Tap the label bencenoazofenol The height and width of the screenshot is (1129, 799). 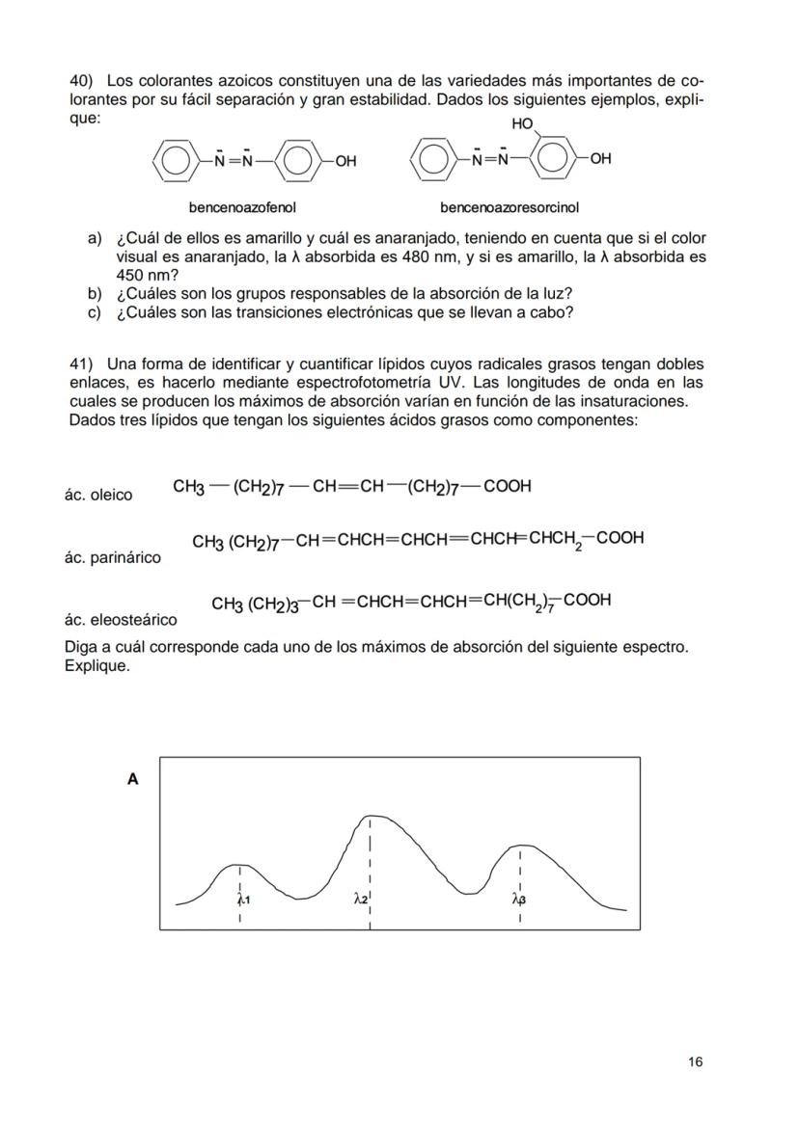[242, 207]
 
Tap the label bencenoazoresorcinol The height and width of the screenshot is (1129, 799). [510, 207]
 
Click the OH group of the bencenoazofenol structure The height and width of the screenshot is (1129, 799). [344, 161]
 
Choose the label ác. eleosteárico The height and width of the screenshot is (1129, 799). [120, 620]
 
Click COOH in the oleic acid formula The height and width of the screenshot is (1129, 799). [508, 486]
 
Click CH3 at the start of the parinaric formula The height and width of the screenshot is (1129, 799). [207, 542]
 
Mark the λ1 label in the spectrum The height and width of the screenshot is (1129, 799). [243, 900]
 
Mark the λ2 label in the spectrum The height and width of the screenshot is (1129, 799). [360, 899]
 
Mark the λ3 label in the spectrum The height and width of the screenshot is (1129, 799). [519, 900]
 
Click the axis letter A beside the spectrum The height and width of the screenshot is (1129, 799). [133, 779]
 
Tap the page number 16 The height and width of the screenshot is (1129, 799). [696, 1062]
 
